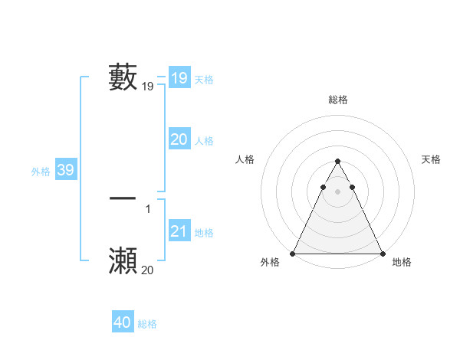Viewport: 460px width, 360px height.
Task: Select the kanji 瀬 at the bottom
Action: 123,260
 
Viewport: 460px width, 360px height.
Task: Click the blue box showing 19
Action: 179,78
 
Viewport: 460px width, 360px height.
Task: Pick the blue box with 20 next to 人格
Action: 179,139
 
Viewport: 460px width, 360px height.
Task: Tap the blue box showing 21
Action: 179,231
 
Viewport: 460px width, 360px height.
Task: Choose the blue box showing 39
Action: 65,170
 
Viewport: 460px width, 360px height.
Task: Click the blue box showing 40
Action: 122,322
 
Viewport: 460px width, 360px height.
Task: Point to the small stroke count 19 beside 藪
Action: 148,87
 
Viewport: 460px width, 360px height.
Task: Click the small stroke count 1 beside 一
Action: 148,209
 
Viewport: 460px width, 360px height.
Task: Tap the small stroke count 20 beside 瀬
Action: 148,270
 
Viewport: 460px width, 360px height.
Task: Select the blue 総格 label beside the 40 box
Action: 147,324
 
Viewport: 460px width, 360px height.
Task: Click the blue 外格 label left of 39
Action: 41,172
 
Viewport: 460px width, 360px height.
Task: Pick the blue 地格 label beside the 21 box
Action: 204,233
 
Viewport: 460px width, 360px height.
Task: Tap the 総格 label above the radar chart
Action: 337,100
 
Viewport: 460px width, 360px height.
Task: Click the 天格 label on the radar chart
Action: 431,159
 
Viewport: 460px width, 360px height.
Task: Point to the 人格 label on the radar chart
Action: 245,159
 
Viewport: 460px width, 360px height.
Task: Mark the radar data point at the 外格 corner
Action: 294,254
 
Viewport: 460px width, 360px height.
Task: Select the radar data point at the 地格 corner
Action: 382,254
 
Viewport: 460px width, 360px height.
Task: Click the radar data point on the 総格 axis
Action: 337,162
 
